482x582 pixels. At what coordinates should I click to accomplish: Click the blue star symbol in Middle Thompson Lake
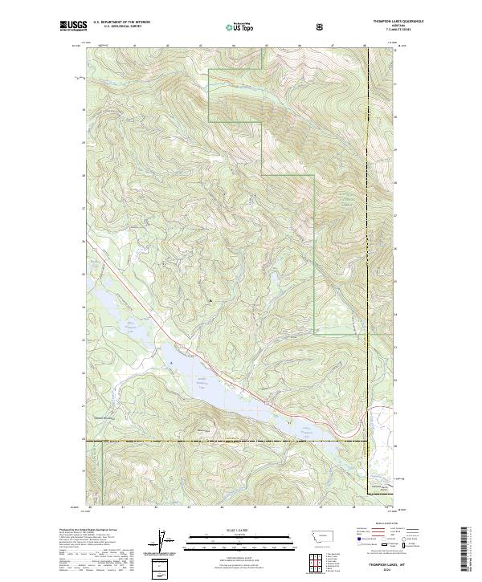click(171, 362)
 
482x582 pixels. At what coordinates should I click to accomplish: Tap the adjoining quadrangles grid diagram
click(312, 561)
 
